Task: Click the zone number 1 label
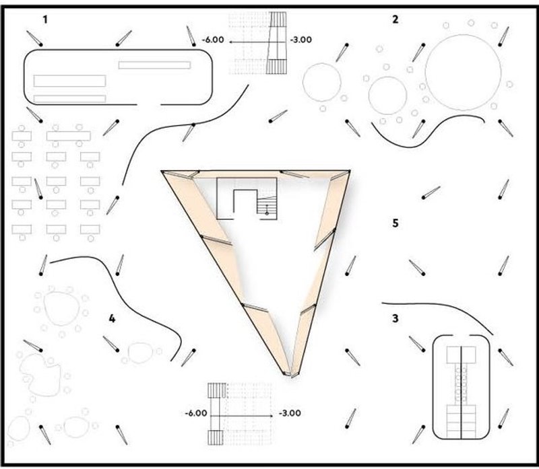pos(45,20)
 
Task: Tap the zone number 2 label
pos(395,20)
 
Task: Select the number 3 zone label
pos(395,319)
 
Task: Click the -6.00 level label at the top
pos(213,40)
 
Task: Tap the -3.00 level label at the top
pos(300,40)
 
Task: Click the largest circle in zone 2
pos(463,71)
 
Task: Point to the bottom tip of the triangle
pos(290,374)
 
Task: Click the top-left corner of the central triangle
pos(164,172)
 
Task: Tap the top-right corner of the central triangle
pos(349,172)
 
